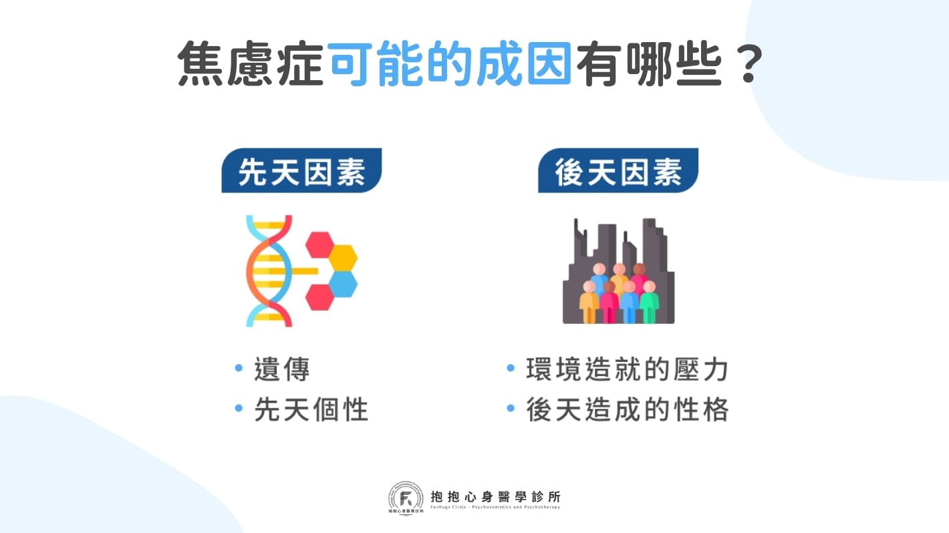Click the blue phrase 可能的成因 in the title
[x=449, y=65]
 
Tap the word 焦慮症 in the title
[x=251, y=65]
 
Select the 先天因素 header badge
[x=301, y=172]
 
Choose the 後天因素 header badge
[x=618, y=172]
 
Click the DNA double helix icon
[x=269, y=271]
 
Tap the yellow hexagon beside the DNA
[x=343, y=257]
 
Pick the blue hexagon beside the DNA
[x=343, y=283]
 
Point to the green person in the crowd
[x=649, y=303]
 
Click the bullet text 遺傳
[x=282, y=370]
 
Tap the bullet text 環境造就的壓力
[x=627, y=370]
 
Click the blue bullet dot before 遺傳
[x=239, y=369]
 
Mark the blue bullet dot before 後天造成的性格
[x=511, y=408]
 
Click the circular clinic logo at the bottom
[x=406, y=498]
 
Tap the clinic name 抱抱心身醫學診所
[x=496, y=496]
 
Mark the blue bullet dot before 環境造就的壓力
[x=511, y=369]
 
